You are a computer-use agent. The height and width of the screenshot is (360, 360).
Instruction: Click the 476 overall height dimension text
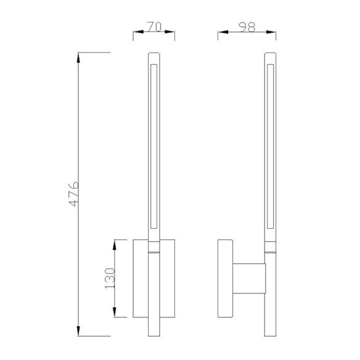point(72,195)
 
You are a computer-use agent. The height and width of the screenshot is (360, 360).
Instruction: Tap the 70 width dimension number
point(154,28)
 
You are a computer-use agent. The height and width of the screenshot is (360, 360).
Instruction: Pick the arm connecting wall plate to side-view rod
point(248,279)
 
